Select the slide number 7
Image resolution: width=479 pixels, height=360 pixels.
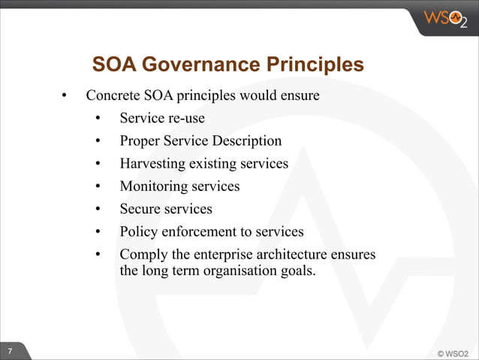(10, 352)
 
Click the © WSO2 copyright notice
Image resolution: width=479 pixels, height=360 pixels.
(452, 352)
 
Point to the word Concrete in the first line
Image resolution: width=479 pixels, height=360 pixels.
(113, 96)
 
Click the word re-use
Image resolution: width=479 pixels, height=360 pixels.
(185, 119)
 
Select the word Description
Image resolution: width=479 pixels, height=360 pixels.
(246, 141)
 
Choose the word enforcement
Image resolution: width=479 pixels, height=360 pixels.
(199, 231)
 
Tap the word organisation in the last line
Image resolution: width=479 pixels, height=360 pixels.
(236, 271)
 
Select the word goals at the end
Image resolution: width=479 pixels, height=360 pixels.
(296, 271)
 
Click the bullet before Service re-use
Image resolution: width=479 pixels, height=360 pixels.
(98, 119)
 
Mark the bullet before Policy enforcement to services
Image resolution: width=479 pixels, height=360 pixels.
(98, 231)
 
